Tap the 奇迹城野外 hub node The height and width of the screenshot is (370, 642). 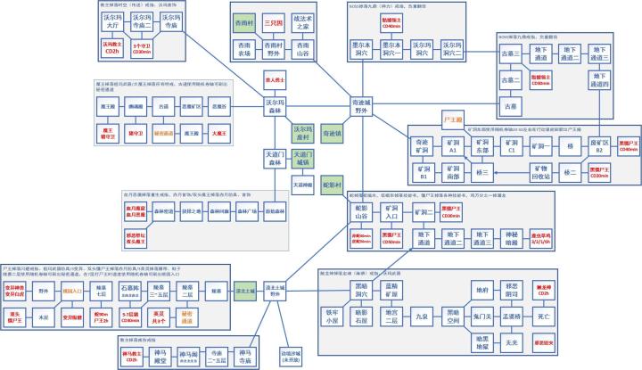pos(361,105)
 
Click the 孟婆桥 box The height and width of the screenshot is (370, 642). pos(512,316)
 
